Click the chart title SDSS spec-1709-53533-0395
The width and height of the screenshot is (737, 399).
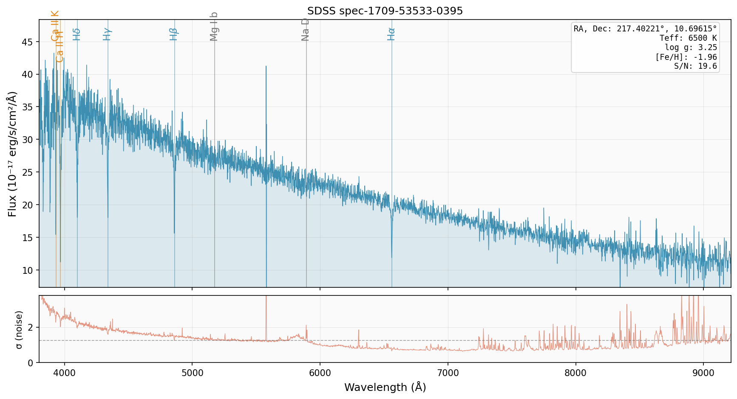point(385,11)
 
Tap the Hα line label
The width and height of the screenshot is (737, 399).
point(391,34)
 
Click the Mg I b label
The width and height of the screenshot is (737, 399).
point(214,26)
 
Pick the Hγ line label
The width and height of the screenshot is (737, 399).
point(107,34)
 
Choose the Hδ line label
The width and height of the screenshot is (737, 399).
point(77,34)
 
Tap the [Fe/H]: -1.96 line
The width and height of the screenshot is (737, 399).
point(686,57)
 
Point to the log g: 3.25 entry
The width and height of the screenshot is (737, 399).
point(691,48)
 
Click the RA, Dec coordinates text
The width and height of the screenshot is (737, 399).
point(645,29)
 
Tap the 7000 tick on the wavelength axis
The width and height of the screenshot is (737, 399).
point(448,373)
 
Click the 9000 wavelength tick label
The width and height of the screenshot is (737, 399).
point(703,373)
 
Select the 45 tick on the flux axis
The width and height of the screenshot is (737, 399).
point(28,42)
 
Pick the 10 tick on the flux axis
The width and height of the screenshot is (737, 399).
point(28,270)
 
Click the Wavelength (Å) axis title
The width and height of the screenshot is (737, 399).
point(385,388)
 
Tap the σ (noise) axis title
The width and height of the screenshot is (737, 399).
point(19,329)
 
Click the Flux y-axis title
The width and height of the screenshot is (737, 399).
point(12,154)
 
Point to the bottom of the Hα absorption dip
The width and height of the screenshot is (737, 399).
point(391,257)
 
